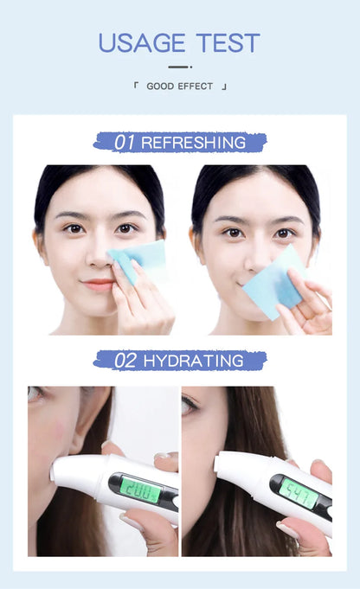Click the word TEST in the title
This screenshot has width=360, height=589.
click(228, 42)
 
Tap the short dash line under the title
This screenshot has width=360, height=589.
click(179, 66)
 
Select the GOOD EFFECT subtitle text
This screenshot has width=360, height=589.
click(180, 86)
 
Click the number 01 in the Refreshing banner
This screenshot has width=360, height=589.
click(125, 143)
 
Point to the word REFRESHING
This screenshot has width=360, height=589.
click(193, 143)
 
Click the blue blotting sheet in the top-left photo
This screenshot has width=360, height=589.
click(139, 260)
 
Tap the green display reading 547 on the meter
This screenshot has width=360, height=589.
click(299, 492)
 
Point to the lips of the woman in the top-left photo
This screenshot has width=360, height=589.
click(99, 283)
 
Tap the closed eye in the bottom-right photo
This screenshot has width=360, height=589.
click(190, 406)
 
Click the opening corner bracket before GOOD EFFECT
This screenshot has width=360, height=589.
click(137, 86)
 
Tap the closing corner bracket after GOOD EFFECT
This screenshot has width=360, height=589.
click(224, 87)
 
